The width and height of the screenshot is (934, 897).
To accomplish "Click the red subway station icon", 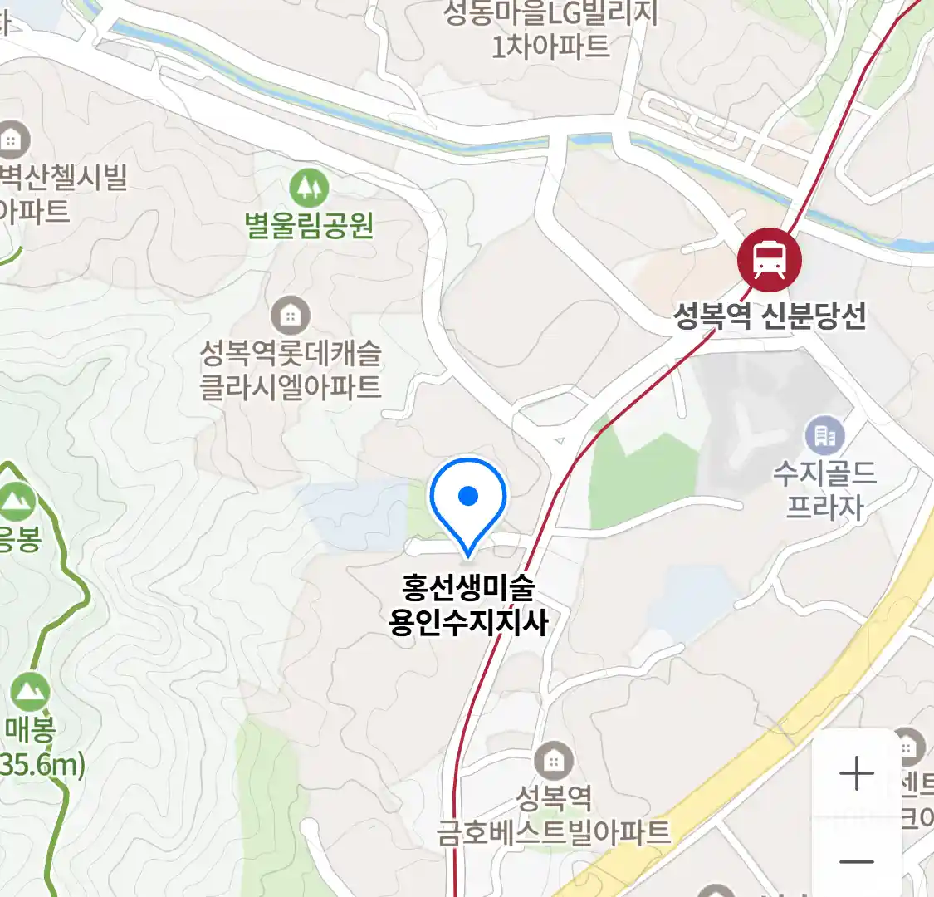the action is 770,260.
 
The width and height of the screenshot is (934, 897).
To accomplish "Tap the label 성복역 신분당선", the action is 770,316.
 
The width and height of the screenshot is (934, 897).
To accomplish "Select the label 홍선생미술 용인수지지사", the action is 468,605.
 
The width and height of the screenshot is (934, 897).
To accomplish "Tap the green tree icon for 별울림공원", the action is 309,189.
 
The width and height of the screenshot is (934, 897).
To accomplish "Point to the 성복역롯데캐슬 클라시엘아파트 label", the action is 291,370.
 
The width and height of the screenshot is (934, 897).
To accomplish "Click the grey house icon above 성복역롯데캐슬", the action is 290,316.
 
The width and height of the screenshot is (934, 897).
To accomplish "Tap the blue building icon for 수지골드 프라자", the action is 824,435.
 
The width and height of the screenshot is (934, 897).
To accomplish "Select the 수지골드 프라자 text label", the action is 824,490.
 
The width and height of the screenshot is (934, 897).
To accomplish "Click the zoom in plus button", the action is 856,774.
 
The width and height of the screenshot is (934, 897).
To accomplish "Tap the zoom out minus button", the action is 856,861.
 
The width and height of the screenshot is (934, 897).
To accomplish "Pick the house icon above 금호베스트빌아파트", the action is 554,761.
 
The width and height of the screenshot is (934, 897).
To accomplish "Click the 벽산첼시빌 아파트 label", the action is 62,194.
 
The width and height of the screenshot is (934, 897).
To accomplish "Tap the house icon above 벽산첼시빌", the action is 12,140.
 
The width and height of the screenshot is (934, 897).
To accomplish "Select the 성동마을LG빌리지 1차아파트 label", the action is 550,29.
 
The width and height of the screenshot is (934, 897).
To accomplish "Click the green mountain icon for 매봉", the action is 31,691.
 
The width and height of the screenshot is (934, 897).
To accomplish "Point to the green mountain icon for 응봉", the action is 17,501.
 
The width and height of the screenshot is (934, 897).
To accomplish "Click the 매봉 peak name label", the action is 31,730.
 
